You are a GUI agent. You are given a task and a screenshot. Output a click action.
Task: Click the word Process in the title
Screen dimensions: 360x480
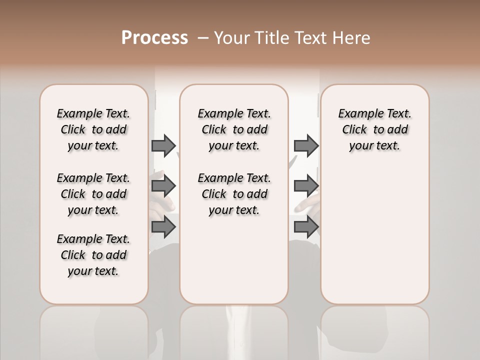(154, 38)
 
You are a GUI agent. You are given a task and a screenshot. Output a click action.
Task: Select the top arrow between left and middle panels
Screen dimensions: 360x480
(163, 145)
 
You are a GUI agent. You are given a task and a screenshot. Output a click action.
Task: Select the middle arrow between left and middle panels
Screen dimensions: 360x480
(163, 186)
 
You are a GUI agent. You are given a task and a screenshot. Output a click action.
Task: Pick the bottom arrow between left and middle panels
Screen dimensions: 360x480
(163, 227)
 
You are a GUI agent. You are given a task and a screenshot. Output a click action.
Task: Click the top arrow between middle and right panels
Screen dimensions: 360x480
(306, 145)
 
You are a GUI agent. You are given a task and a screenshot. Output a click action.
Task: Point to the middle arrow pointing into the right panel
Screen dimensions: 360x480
(306, 186)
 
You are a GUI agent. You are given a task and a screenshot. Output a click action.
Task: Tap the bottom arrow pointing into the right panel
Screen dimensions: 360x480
(306, 227)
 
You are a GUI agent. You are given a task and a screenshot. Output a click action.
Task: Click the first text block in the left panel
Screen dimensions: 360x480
(93, 129)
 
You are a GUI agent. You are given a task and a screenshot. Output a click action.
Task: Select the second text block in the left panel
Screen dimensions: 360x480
(93, 194)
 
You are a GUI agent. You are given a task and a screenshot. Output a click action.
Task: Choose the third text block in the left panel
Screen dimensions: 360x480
(93, 255)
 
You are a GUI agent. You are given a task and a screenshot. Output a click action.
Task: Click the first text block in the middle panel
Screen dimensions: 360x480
(234, 129)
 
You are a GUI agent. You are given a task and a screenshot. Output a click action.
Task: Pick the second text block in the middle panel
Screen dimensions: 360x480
(234, 194)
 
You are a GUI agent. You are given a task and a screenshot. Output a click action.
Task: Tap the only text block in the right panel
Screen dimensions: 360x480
(374, 129)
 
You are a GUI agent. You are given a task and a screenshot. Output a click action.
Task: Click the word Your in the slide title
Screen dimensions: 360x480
(231, 38)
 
